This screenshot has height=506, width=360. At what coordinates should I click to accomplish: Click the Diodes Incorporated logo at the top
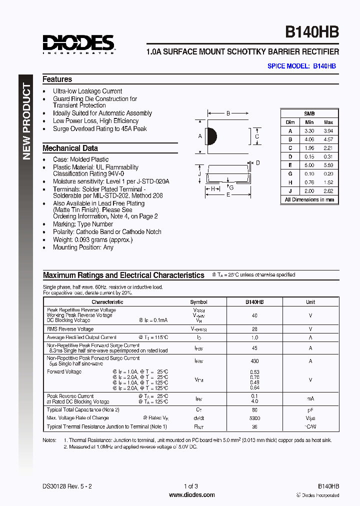[x=78, y=43]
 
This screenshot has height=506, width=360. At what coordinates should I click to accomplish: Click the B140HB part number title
[x=312, y=32]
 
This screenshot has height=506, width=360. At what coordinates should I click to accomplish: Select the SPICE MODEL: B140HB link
[x=301, y=66]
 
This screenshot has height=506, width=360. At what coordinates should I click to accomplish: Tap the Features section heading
[x=57, y=79]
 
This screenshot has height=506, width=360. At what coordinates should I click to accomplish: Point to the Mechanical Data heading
[x=70, y=148]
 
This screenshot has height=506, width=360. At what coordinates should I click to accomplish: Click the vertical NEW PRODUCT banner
[x=26, y=122]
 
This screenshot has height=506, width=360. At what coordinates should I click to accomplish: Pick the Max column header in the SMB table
[x=328, y=122]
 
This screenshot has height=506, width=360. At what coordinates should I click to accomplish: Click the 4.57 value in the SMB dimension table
[x=328, y=139]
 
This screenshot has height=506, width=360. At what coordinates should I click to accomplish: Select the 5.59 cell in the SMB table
[x=328, y=165]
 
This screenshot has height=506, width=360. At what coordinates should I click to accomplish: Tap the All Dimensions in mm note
[x=309, y=199]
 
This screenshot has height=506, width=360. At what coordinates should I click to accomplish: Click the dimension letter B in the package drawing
[x=228, y=113]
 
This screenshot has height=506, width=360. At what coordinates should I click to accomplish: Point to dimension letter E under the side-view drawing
[x=228, y=195]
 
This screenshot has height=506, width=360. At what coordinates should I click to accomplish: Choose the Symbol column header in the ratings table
[x=198, y=302]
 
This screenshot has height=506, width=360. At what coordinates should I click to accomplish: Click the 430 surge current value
[x=254, y=360]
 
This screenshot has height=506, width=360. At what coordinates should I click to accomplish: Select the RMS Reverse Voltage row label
[x=70, y=329]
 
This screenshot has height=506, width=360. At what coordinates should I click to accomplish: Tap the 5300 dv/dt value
[x=254, y=418]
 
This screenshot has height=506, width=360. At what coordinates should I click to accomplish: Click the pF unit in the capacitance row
[x=310, y=410]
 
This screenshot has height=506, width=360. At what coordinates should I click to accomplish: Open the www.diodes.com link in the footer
[x=192, y=495]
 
